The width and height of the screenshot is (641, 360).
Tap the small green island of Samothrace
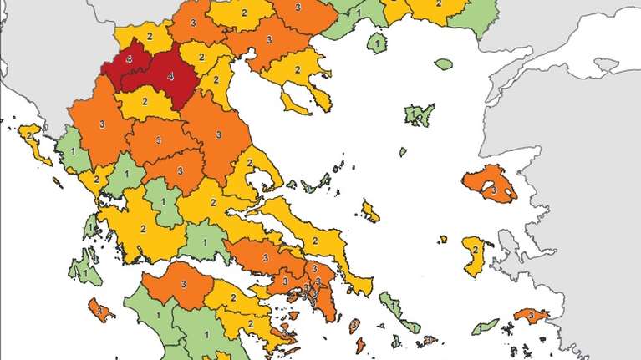click(x=443, y=63)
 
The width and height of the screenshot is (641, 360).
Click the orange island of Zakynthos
click(x=100, y=309)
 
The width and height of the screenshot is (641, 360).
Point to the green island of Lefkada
click(x=88, y=224)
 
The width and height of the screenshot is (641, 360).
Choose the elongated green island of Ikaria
click(x=485, y=325)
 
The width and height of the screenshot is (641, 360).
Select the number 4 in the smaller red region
click(x=128, y=60)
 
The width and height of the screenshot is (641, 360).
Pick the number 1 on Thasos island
click(x=379, y=42)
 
